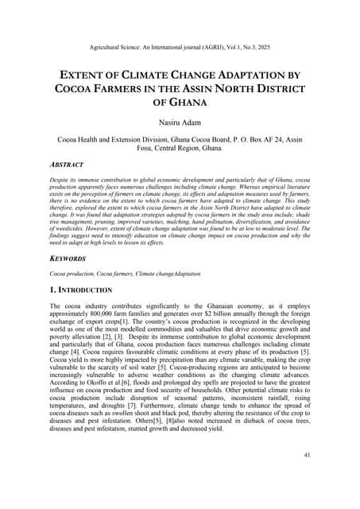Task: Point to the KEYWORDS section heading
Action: [70, 258]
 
